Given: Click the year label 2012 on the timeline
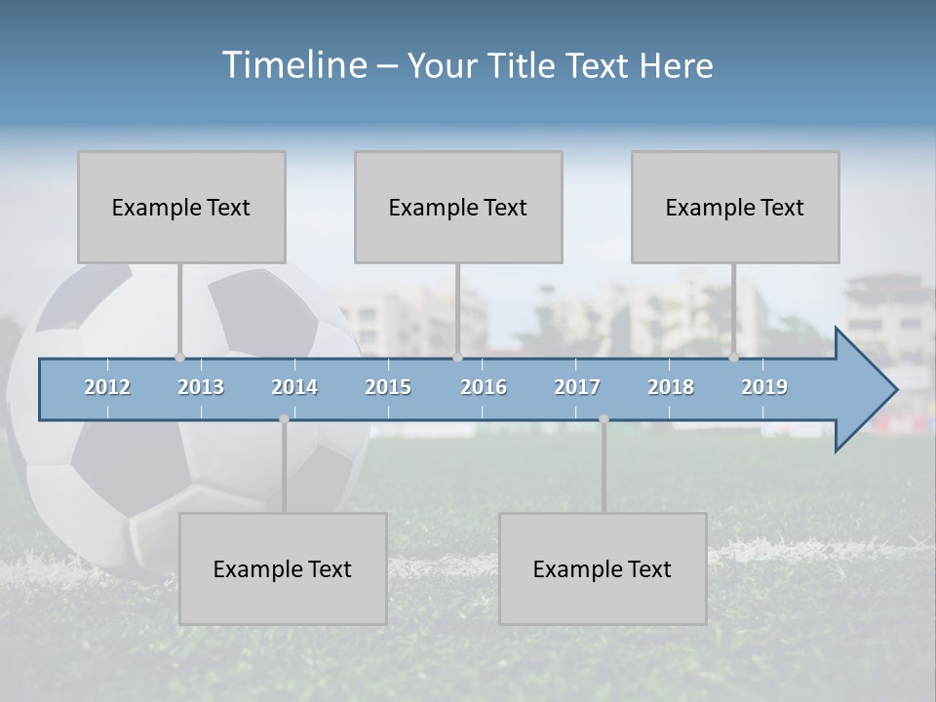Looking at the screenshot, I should tap(107, 387).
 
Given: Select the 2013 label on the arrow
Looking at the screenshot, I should tap(201, 387).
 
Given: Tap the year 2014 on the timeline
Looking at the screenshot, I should tap(294, 387).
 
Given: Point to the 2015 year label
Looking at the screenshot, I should tap(388, 387).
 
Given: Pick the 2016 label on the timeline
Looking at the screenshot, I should tap(484, 387).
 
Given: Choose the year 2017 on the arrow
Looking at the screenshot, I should tap(577, 387).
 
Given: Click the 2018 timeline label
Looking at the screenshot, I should tap(671, 387).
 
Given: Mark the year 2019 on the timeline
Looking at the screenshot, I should tap(764, 387).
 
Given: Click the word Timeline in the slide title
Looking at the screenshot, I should tap(293, 65).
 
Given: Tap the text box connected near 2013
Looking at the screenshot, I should tap(181, 207).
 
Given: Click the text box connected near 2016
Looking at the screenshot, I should tap(458, 207).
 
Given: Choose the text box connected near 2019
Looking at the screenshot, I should tap(735, 207).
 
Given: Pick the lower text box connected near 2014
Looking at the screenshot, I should tap(283, 568).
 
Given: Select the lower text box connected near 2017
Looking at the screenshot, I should tap(603, 568).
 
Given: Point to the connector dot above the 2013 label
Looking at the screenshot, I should tap(179, 358).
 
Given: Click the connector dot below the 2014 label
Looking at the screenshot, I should tap(284, 419).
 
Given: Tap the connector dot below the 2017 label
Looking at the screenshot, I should tap(604, 419).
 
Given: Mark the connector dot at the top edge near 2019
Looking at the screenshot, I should tap(733, 358).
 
